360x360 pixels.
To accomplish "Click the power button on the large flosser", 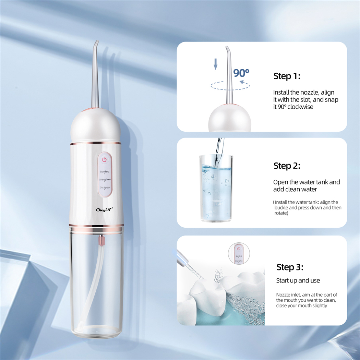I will coord(105,159).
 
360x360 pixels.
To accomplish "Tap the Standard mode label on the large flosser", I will coord(105,171).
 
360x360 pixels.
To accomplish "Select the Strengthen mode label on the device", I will coord(105,179).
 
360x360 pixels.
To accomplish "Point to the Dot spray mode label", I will coord(105,188).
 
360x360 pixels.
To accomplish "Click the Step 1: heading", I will coord(287,76).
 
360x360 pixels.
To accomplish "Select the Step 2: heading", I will coord(287,166).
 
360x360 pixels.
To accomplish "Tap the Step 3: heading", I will coord(290,267).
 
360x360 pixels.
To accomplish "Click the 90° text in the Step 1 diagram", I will coord(241,73).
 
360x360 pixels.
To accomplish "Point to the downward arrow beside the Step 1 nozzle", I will coord(216,64).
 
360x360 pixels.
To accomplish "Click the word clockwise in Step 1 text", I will coord(301,107).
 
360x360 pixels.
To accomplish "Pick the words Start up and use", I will coord(298,280).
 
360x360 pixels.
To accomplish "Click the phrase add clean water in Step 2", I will coord(295,189).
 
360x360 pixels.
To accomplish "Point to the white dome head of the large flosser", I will coord(96,125).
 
